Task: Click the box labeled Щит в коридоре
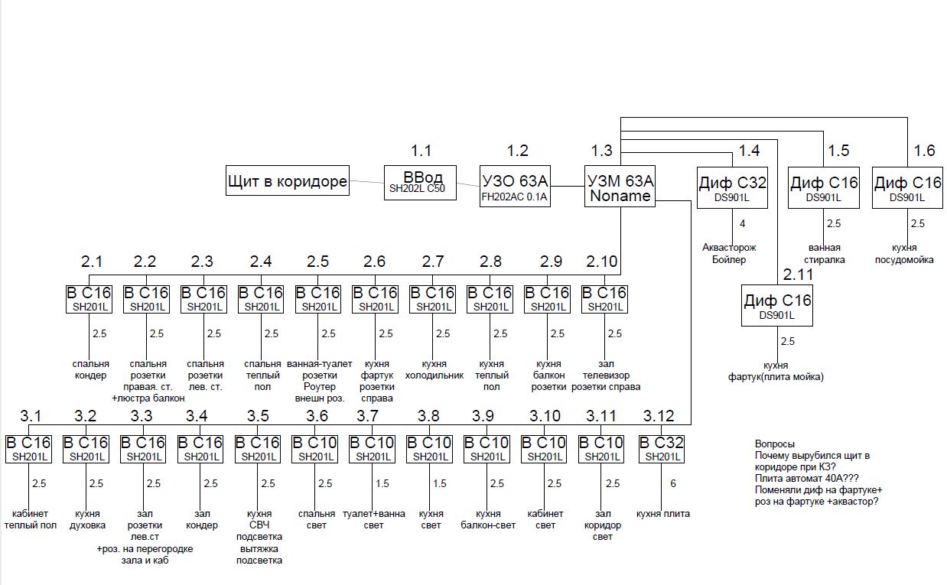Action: click(x=287, y=182)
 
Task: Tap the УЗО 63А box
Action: click(x=515, y=187)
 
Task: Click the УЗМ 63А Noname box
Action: click(x=620, y=187)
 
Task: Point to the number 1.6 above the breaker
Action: click(x=924, y=150)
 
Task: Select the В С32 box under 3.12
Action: click(x=661, y=448)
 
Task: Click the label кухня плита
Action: click(x=662, y=514)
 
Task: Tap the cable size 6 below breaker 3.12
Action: click(x=673, y=483)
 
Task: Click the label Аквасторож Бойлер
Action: click(x=729, y=253)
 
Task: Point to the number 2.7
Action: click(x=433, y=262)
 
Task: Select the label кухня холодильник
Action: click(x=434, y=369)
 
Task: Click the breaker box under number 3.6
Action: click(x=314, y=448)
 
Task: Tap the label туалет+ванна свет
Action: click(x=374, y=519)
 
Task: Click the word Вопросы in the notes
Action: click(x=774, y=444)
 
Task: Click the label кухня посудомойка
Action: click(x=905, y=253)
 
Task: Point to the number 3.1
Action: click(x=31, y=416)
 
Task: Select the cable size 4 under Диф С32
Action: click(x=741, y=224)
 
